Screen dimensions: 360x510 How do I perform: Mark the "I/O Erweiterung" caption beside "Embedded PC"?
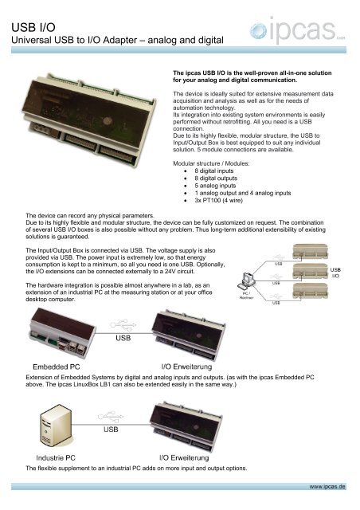(x=193, y=367)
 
